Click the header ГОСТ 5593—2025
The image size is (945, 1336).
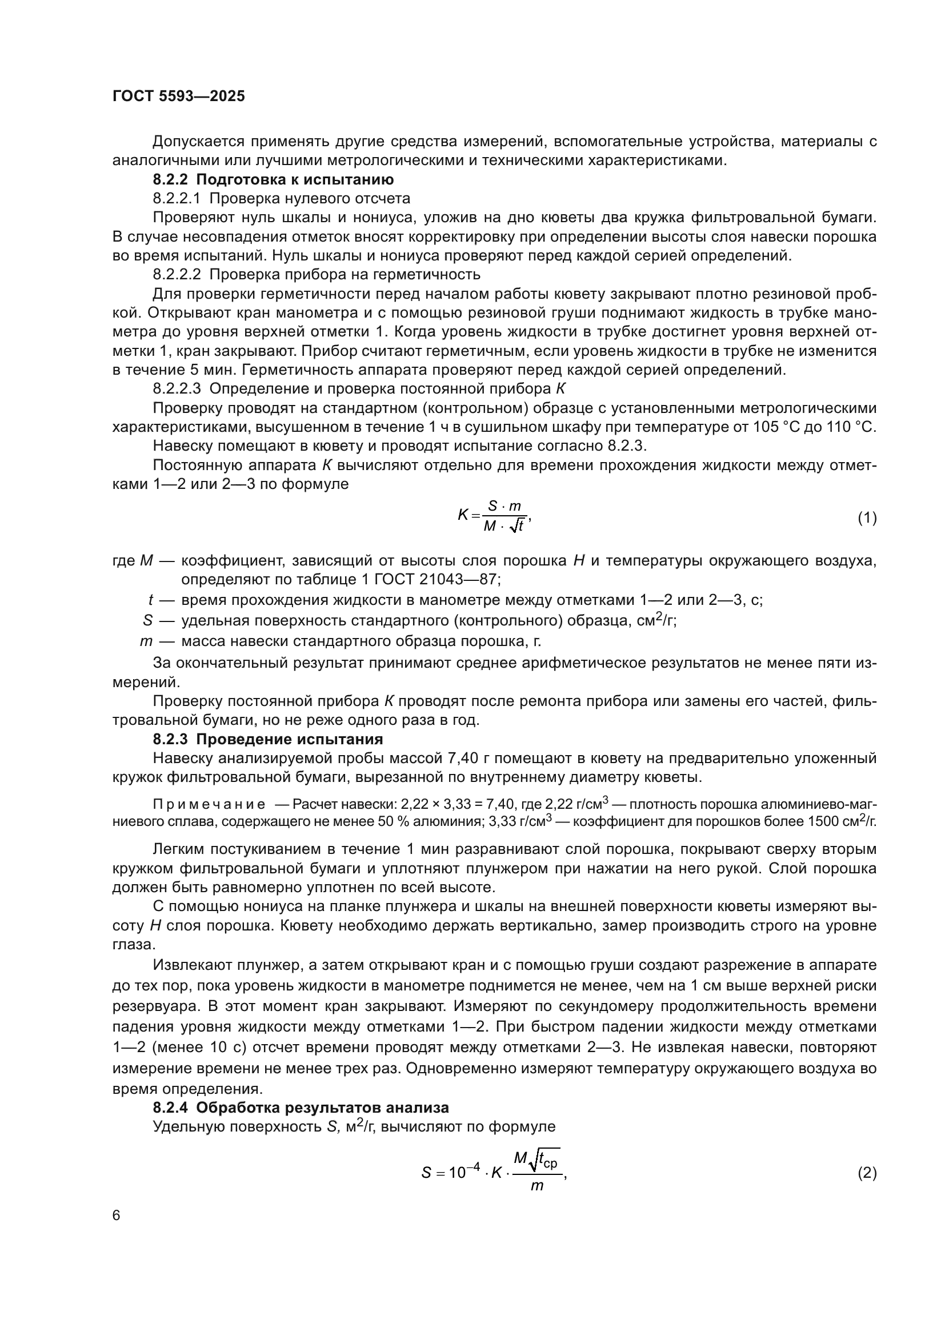pyautogui.click(x=179, y=97)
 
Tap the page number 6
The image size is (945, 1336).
pyautogui.click(x=117, y=1215)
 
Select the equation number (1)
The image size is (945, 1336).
pyautogui.click(x=867, y=517)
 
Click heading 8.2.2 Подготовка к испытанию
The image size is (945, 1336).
pyautogui.click(x=274, y=179)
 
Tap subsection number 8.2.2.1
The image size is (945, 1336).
pyautogui.click(x=177, y=198)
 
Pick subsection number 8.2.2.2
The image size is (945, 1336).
pyautogui.click(x=177, y=274)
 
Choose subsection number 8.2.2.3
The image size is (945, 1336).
pyautogui.click(x=177, y=389)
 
